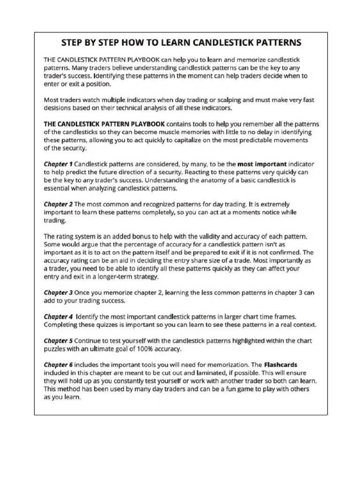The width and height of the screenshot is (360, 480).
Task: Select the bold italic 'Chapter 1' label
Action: click(58, 165)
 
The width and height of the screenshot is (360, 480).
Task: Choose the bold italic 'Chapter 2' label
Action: click(58, 204)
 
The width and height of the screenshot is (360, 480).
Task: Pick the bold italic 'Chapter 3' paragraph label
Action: click(58, 292)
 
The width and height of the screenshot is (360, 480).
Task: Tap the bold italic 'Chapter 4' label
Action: click(58, 316)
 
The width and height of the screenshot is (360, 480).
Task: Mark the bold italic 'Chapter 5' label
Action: click(58, 340)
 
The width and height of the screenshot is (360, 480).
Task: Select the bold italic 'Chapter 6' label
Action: click(58, 364)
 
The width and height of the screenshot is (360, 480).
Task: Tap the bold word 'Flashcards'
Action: click(281, 364)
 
